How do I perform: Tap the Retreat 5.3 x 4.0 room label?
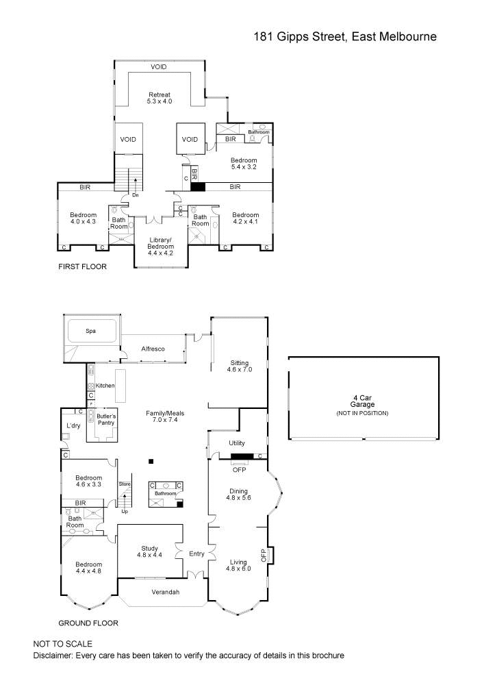coord(159,98)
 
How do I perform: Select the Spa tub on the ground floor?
coord(90,331)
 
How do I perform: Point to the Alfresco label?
coord(153,349)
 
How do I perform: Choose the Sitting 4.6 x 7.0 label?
coord(240,366)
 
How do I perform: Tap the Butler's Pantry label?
coord(105,420)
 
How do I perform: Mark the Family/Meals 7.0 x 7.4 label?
coord(165,417)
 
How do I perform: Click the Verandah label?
coord(165,592)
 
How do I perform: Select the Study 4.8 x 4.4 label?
coord(150,551)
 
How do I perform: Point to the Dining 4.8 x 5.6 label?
coord(239,495)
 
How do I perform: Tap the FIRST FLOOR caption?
coord(82,266)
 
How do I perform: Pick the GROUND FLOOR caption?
coord(88,623)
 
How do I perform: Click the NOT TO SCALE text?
coord(62,644)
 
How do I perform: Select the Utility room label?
coord(237,444)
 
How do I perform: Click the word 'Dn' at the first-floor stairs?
coord(136,195)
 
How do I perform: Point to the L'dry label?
coord(73,426)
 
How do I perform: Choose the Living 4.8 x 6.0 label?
coord(239,565)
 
